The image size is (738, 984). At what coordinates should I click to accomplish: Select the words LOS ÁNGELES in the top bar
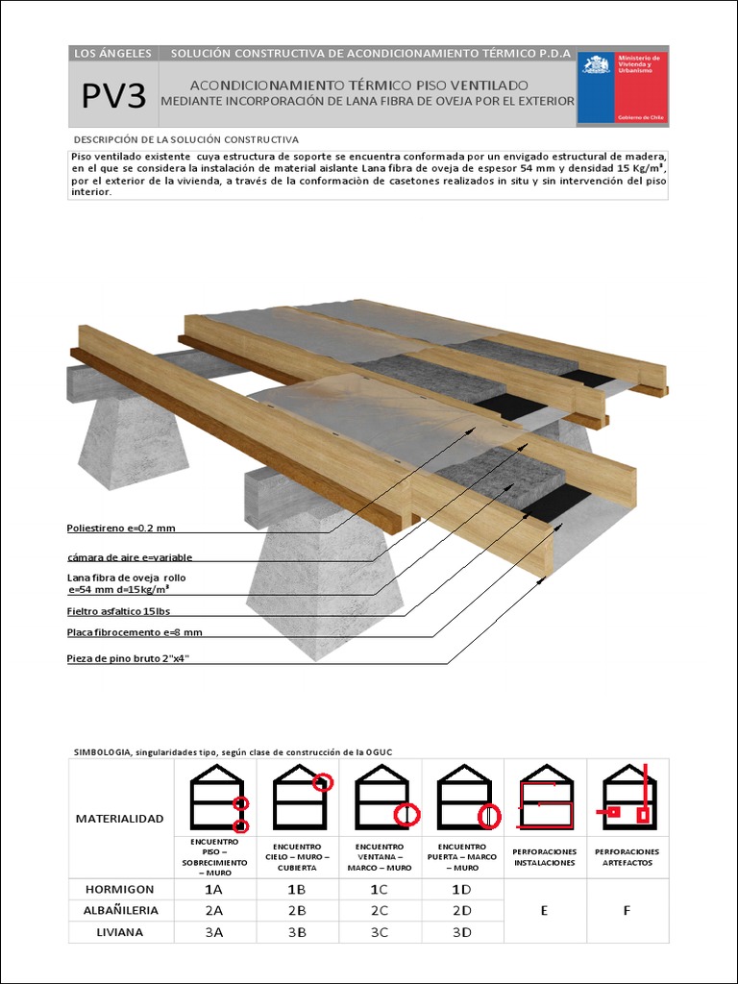(x=112, y=54)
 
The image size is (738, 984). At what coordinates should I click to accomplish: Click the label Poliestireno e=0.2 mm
(x=121, y=528)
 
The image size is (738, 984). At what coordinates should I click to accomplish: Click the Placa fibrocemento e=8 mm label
(x=135, y=632)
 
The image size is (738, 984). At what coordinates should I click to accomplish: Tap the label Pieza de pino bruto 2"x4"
(x=135, y=659)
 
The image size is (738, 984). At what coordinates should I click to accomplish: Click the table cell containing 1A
(x=214, y=890)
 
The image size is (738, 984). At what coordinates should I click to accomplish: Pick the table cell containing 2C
(x=380, y=910)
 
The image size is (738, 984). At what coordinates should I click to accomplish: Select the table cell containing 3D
(x=462, y=931)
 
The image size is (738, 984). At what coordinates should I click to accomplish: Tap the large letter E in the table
(x=545, y=911)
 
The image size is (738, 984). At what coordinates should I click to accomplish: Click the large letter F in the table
(x=627, y=911)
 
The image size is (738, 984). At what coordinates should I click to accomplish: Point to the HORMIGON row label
(x=120, y=890)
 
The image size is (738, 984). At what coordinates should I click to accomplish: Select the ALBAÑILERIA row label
(x=120, y=910)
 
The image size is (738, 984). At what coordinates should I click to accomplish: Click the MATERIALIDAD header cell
(x=120, y=819)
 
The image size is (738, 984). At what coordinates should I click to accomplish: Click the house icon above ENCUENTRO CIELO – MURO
(x=299, y=799)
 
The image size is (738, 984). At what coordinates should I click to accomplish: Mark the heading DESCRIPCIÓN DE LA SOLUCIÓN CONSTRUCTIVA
(x=185, y=139)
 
